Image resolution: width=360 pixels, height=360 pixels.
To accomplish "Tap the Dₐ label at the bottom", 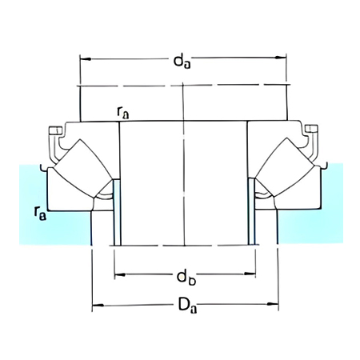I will coord(185,306).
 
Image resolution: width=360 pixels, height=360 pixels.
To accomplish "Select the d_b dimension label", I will coord(185,276).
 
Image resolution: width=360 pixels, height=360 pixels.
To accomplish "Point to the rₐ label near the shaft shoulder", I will coord(122,114).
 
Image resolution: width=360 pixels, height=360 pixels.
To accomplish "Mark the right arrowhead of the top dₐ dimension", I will coord(285,58).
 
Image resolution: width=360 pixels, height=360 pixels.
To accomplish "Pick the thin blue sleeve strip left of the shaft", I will coord(116,216).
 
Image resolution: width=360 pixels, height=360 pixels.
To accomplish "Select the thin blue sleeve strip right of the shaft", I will coord(253,216).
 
